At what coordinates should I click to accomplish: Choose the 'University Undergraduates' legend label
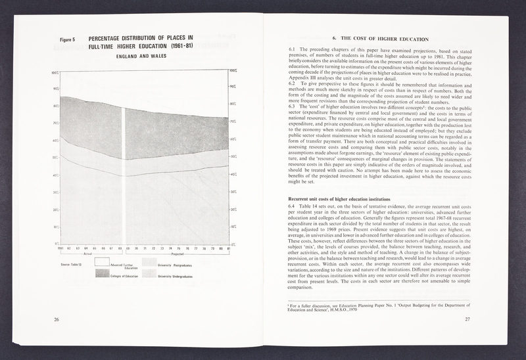pyautogui.click(x=181, y=276)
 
